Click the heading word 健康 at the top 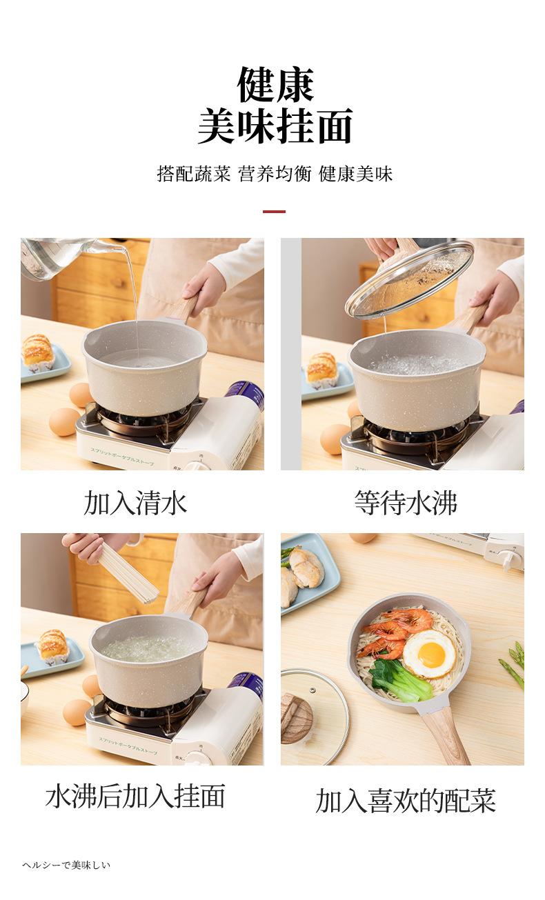[x=275, y=85]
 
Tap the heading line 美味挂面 [x=275, y=126]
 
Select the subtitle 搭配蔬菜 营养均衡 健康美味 [x=275, y=174]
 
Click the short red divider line [x=274, y=211]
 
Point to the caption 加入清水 [x=135, y=503]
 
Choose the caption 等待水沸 [x=406, y=503]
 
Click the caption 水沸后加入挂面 [x=135, y=796]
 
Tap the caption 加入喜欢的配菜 [x=406, y=801]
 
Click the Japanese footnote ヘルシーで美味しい [x=66, y=865]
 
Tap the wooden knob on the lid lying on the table [x=296, y=718]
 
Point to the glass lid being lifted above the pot [x=409, y=279]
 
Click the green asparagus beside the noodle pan [x=515, y=662]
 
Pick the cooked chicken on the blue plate [x=304, y=566]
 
